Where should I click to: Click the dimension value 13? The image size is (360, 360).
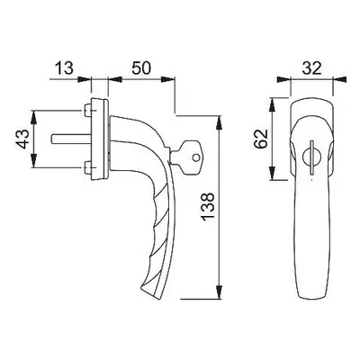pyautogui.click(x=64, y=68)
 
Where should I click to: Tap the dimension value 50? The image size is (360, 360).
pyautogui.click(x=140, y=68)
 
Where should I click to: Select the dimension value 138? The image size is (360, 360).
pyautogui.click(x=208, y=207)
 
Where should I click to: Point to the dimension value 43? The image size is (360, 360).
pyautogui.click(x=22, y=139)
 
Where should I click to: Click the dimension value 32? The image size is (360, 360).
pyautogui.click(x=311, y=68)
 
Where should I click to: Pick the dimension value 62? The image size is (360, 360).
pyautogui.click(x=260, y=139)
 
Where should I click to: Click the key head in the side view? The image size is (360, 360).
pyautogui.click(x=190, y=157)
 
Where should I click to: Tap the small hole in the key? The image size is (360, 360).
pyautogui.click(x=196, y=157)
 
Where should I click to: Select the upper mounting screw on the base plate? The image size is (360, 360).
pyautogui.click(x=88, y=111)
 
